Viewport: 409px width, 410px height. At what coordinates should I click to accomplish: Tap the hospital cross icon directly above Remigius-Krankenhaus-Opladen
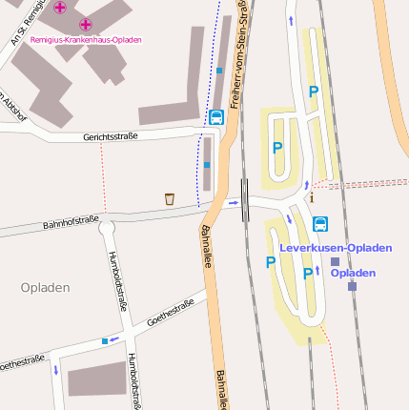pyautogui.click(x=86, y=24)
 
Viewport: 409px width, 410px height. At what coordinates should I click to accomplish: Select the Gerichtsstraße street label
pyautogui.click(x=111, y=136)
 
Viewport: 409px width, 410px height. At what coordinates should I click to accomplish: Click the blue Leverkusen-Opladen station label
pyautogui.click(x=336, y=248)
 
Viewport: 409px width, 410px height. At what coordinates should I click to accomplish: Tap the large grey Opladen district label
pyautogui.click(x=45, y=287)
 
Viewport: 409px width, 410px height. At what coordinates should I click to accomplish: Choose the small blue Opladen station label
pyautogui.click(x=353, y=273)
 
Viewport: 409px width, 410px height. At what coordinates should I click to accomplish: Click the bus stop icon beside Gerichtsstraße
pyautogui.click(x=216, y=117)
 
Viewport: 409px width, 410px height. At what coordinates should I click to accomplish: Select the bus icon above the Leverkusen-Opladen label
pyautogui.click(x=320, y=224)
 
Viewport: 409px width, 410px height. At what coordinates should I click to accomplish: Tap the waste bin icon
pyautogui.click(x=170, y=199)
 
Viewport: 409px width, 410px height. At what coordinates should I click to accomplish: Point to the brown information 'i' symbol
pyautogui.click(x=311, y=197)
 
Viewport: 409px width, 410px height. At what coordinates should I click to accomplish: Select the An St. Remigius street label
pyautogui.click(x=21, y=23)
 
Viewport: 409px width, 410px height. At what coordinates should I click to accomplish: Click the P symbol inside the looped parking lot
pyautogui.click(x=277, y=148)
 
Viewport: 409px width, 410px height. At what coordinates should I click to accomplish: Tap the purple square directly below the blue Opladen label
pyautogui.click(x=352, y=285)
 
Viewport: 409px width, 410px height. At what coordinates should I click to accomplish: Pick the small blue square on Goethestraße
pyautogui.click(x=105, y=339)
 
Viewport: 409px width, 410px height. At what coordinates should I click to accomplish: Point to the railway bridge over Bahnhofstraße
pyautogui.click(x=246, y=201)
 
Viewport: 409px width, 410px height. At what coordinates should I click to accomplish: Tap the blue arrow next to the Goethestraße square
pyautogui.click(x=116, y=337)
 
